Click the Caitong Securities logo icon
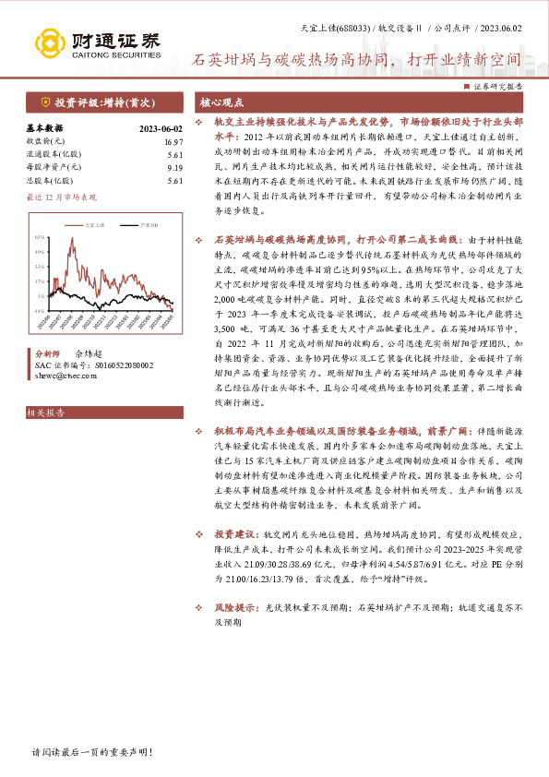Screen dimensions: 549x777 (x=48, y=42)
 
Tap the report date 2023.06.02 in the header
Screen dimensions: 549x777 (x=507, y=28)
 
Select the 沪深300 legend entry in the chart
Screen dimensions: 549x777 (x=139, y=224)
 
